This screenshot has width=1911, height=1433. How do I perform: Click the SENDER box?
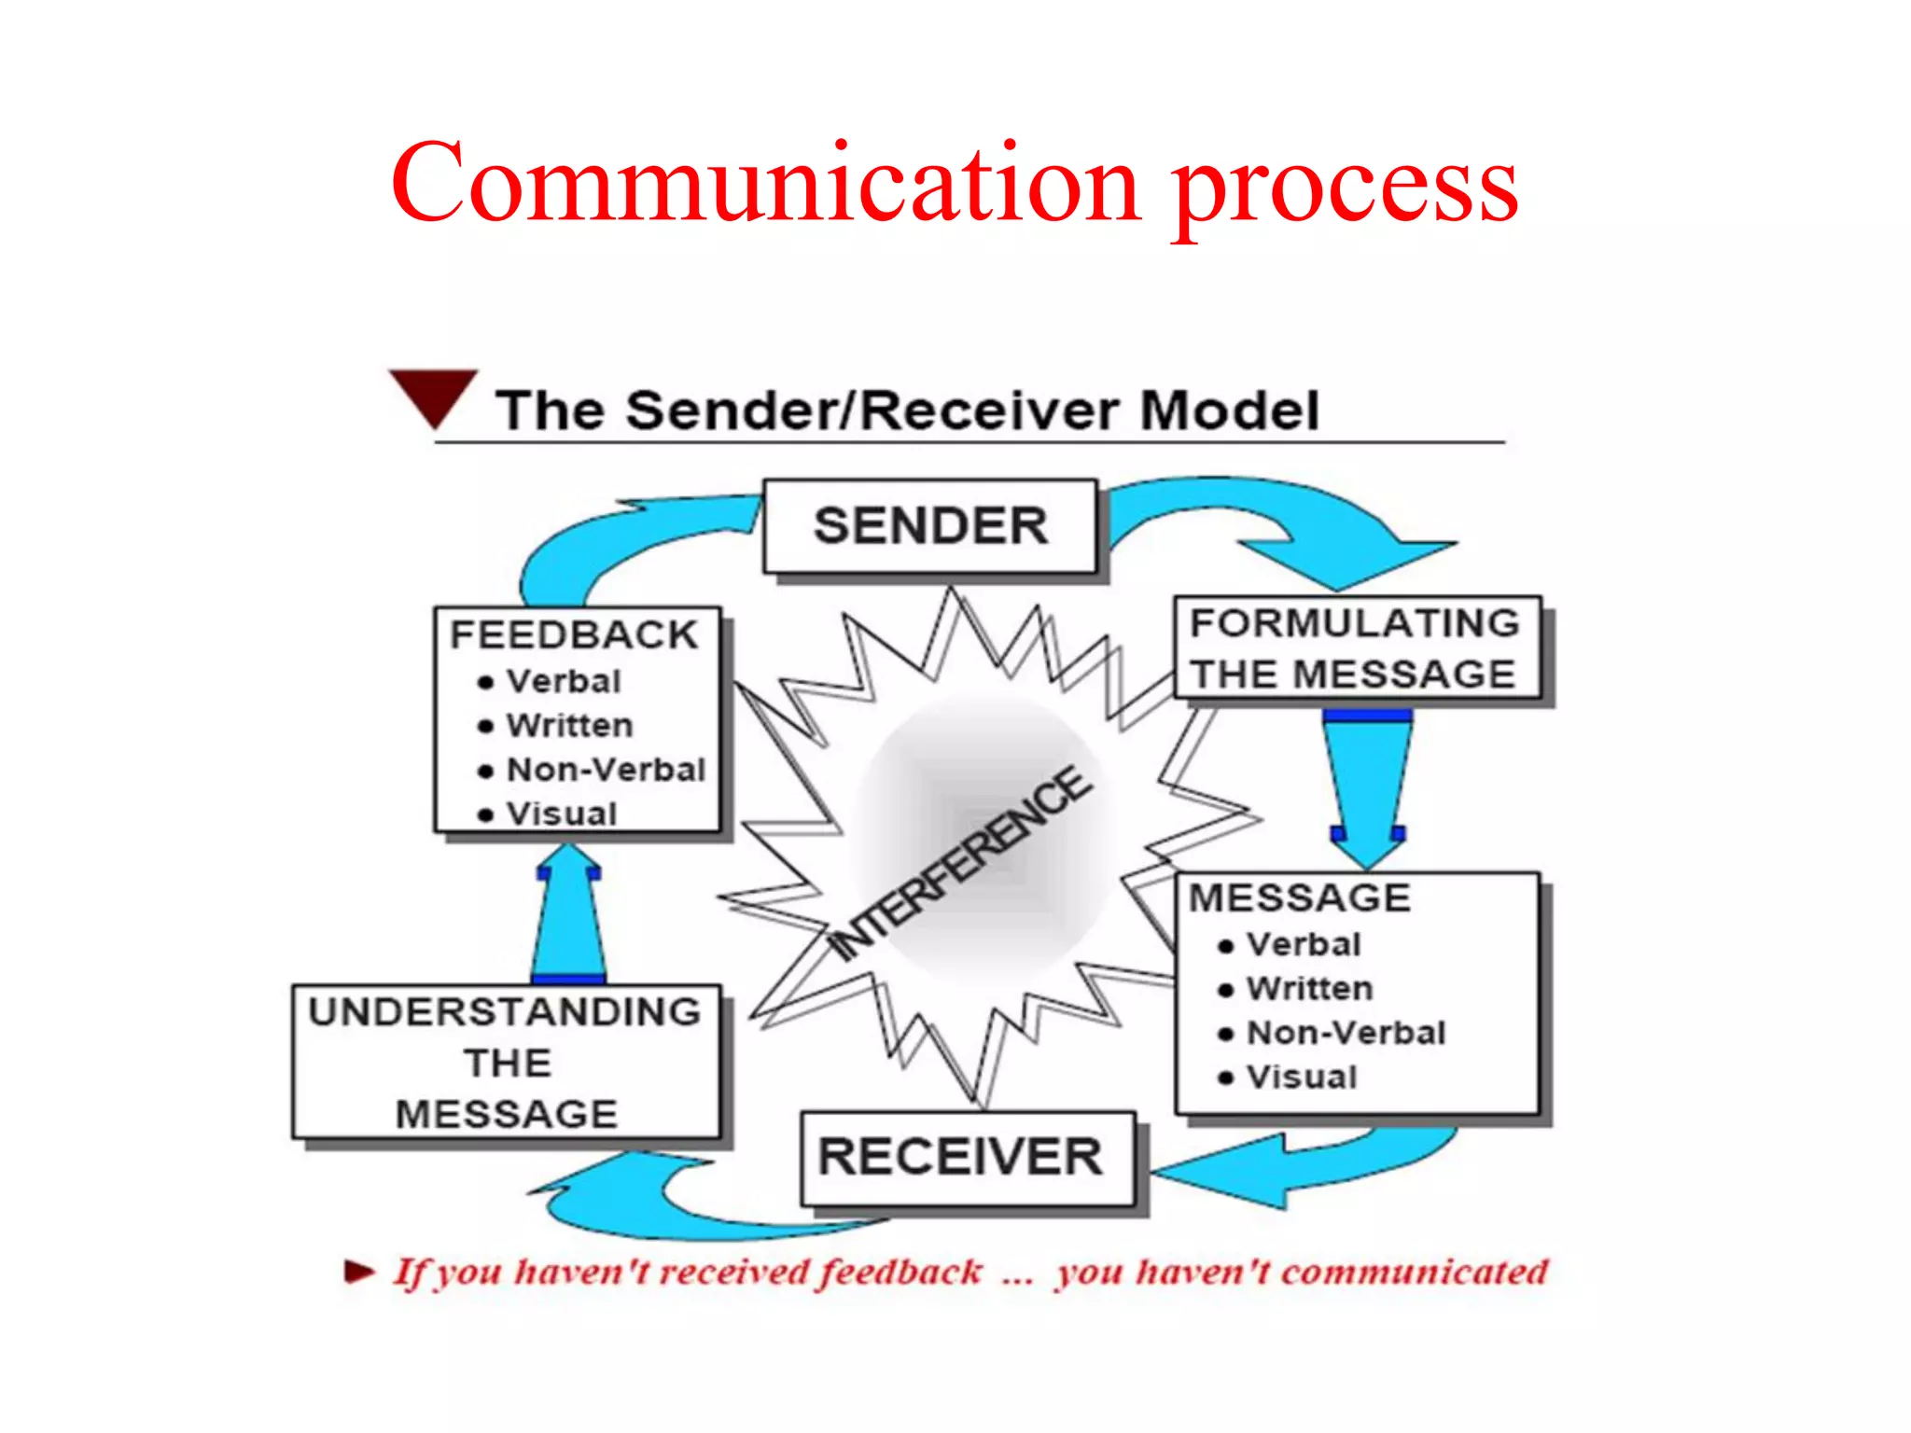click(x=929, y=525)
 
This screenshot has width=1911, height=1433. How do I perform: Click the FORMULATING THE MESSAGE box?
click(x=1356, y=647)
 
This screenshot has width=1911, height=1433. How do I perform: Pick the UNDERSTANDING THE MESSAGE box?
click(x=506, y=1062)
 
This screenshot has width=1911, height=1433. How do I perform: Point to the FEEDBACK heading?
click(x=573, y=634)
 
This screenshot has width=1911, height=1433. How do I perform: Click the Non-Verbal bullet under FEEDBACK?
click(x=605, y=770)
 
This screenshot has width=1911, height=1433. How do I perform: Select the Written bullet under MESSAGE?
click(x=1309, y=988)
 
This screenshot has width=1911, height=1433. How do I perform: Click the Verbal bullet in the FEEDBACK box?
click(x=563, y=681)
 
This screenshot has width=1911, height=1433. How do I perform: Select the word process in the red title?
click(x=1344, y=187)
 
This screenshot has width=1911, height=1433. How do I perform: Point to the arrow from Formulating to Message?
click(x=1368, y=784)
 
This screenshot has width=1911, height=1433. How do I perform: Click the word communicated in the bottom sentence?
click(x=1414, y=1272)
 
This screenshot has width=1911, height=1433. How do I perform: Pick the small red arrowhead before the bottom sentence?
click(x=358, y=1271)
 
